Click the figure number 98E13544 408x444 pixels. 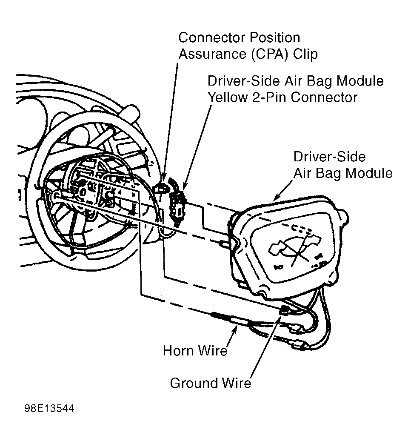click(49, 409)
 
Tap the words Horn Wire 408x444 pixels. click(195, 350)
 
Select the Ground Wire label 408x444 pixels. click(211, 383)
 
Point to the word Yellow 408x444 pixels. click(228, 97)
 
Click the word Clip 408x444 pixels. click(305, 54)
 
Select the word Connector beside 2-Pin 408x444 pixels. click(324, 97)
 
